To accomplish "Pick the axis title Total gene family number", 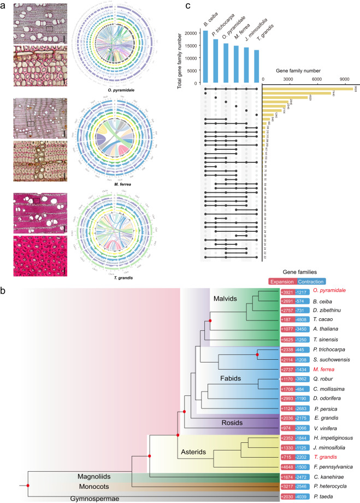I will click(x=180, y=55).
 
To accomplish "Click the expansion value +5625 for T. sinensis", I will click(x=287, y=338).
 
